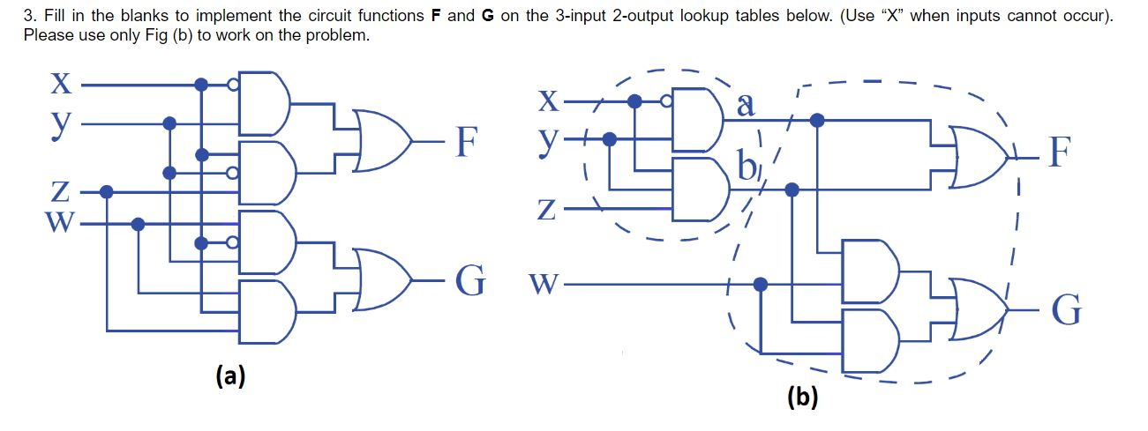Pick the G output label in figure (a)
(x=469, y=281)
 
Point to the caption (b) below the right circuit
(x=802, y=398)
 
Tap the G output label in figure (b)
(x=1065, y=311)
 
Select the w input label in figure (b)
(x=544, y=286)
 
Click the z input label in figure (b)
(x=547, y=210)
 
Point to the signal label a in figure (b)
(x=746, y=106)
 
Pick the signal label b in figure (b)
(x=747, y=166)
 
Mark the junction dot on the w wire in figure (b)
(x=761, y=284)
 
